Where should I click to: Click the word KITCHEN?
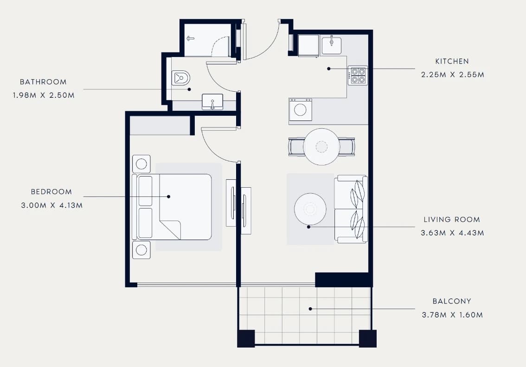coord(452,61)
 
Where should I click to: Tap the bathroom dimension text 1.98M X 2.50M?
coord(44,95)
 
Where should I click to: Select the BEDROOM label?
coord(51,192)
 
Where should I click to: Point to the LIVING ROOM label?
coord(452,220)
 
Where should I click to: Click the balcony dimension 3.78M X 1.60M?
coord(452,315)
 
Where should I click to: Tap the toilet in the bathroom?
coord(180,78)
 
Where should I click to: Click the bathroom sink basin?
coord(212,101)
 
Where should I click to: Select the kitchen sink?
coord(332,45)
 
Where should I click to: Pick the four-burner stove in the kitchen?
coord(358,76)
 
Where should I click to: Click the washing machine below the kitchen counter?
coord(301,110)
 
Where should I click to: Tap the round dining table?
coord(321,147)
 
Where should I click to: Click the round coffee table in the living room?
coord(310,209)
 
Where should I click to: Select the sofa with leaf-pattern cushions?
coord(351,209)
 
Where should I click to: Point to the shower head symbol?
coord(191,38)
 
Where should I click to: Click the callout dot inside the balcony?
coord(310,309)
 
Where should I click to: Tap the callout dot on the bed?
coord(168,197)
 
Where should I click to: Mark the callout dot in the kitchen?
coord(329,69)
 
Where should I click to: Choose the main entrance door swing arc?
coord(269,46)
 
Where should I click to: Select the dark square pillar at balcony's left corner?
coord(246,339)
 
